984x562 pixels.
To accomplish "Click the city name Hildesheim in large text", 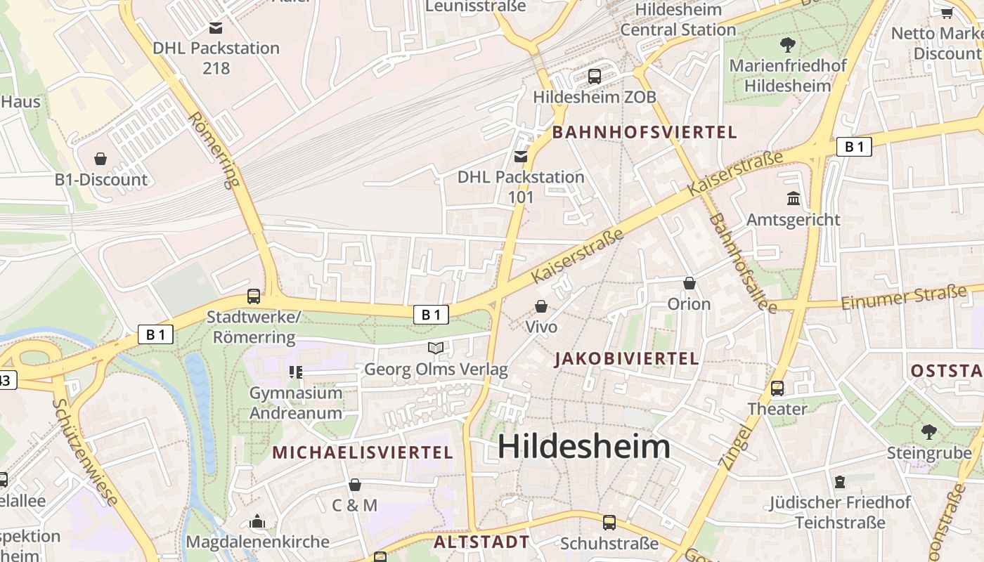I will pyautogui.click(x=583, y=447).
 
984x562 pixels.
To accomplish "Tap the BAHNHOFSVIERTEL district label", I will pyautogui.click(x=645, y=132).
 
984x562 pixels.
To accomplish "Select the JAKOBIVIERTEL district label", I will pyautogui.click(x=626, y=359).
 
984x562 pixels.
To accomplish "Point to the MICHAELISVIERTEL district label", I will pyautogui.click(x=363, y=452).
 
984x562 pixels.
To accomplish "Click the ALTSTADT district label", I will pyautogui.click(x=481, y=542).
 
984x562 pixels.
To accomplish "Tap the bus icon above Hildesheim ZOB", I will pyautogui.click(x=595, y=76).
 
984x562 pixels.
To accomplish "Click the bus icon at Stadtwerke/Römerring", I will pyautogui.click(x=254, y=296).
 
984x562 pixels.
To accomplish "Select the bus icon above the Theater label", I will pyautogui.click(x=777, y=388).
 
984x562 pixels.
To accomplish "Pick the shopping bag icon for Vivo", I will pyautogui.click(x=541, y=306).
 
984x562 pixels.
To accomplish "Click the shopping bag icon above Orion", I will pyautogui.click(x=690, y=283).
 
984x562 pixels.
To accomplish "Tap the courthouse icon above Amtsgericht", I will pyautogui.click(x=794, y=199).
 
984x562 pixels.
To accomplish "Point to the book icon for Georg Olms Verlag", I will pyautogui.click(x=436, y=348).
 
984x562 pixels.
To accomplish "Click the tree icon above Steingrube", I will pyautogui.click(x=929, y=431).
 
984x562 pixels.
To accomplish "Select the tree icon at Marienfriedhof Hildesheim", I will pyautogui.click(x=788, y=45).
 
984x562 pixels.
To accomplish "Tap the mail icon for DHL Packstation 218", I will pyautogui.click(x=216, y=28).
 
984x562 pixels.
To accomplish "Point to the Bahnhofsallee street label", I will pyautogui.click(x=742, y=263).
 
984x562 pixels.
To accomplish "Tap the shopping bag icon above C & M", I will pyautogui.click(x=355, y=485).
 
